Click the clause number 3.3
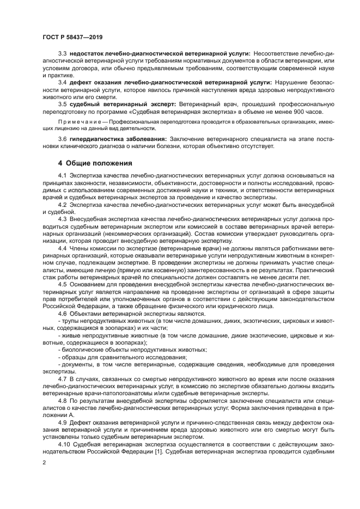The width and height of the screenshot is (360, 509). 62,53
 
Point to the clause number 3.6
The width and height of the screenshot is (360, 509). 62,140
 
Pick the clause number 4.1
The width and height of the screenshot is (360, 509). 62,175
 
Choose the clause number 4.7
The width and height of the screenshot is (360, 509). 62,377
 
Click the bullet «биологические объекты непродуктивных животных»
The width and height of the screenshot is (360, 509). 134,349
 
